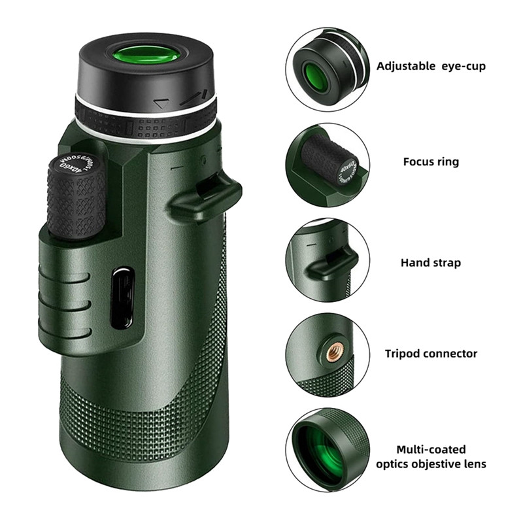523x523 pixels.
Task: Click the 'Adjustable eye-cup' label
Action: (x=431, y=66)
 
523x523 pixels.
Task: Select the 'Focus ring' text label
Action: (x=431, y=161)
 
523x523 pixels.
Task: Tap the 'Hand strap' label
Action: (x=431, y=262)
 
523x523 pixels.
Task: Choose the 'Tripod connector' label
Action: (x=431, y=354)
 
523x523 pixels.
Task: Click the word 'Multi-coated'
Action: (x=431, y=450)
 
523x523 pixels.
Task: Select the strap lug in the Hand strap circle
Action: (x=333, y=260)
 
